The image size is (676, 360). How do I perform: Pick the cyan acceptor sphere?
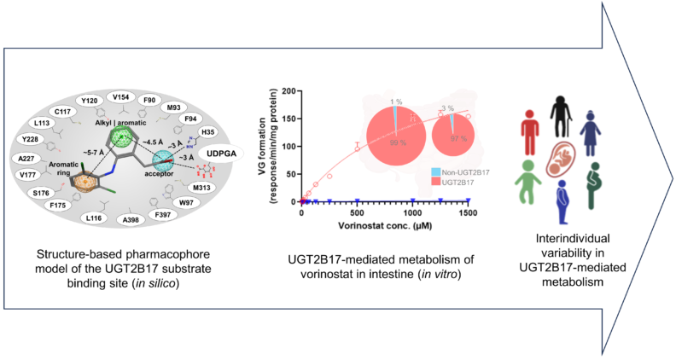165,159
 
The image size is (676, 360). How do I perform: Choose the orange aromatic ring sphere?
86,182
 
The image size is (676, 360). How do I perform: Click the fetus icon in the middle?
562,160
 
